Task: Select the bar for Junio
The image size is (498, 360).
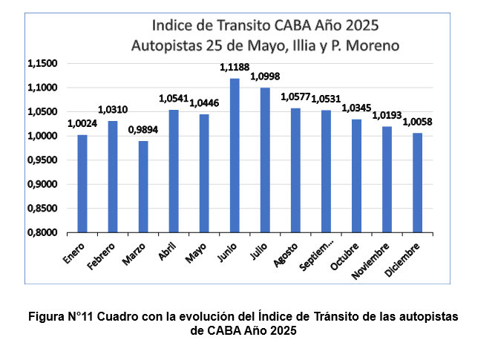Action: (x=235, y=156)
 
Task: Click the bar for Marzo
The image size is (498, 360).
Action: (x=143, y=186)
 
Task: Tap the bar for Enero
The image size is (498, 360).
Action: (x=82, y=183)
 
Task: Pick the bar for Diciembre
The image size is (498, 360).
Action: (x=417, y=183)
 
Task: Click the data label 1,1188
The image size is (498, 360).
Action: (x=235, y=68)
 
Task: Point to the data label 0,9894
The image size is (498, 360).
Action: (x=143, y=130)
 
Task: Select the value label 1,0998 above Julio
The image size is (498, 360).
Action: (x=265, y=77)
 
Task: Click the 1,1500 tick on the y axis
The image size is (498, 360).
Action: (x=43, y=64)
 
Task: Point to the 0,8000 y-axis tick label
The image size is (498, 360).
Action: (x=43, y=232)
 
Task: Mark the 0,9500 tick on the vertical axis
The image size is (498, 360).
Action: (x=43, y=160)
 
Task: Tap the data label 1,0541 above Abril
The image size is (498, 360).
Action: (x=174, y=99)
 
